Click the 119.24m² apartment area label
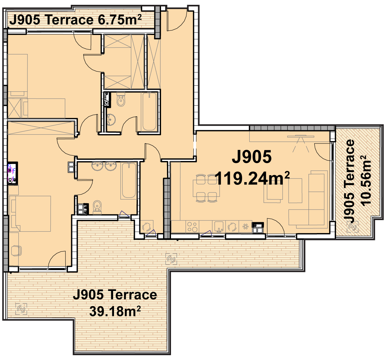coord(252,178)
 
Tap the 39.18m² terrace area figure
coord(115,311)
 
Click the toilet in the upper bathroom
coord(121,99)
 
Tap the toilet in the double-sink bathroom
coord(97,207)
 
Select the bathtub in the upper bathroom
coord(149,111)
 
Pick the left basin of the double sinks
coord(97,166)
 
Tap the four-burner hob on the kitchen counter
coord(192,227)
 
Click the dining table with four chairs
coord(206,188)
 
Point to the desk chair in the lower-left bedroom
coord(16,251)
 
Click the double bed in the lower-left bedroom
coord(30,214)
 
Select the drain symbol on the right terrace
coord(353,227)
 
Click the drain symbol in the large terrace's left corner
coord(21,309)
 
